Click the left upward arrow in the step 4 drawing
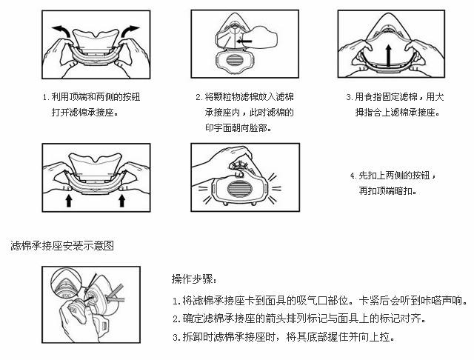68,199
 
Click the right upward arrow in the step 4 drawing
122,199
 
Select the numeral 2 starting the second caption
198,97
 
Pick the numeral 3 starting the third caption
349,97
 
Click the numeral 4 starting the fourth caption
352,176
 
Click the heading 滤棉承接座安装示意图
62,244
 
